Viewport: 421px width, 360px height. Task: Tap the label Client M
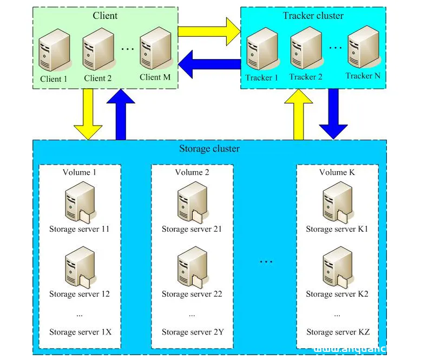[155, 77]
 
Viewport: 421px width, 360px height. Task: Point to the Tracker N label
[363, 76]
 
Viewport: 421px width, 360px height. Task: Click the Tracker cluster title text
[313, 15]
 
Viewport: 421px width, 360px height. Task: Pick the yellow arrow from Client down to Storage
[88, 114]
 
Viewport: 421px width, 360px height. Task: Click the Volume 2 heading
[192, 172]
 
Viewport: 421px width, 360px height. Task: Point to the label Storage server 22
[192, 294]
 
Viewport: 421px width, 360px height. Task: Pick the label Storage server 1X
[80, 332]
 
